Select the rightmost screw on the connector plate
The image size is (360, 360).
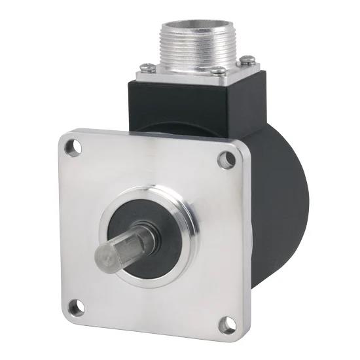pyautogui.click(x=249, y=61)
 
